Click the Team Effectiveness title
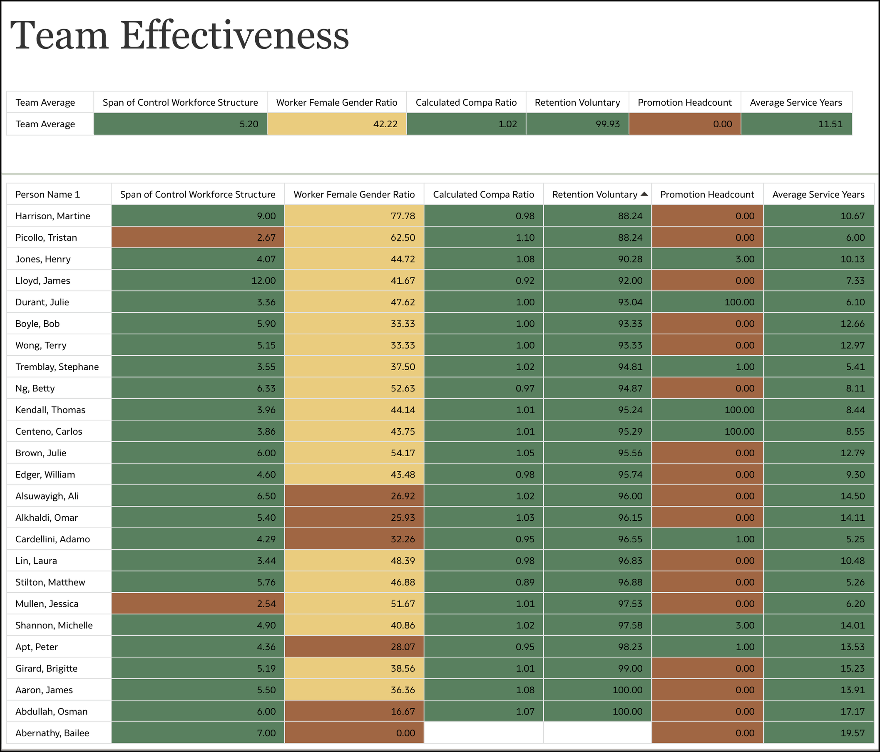tap(179, 36)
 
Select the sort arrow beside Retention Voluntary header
tap(644, 194)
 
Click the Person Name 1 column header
tap(47, 194)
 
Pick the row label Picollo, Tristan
tap(46, 237)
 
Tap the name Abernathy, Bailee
tap(52, 733)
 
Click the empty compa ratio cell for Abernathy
tap(483, 733)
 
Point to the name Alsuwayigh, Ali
tap(47, 496)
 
